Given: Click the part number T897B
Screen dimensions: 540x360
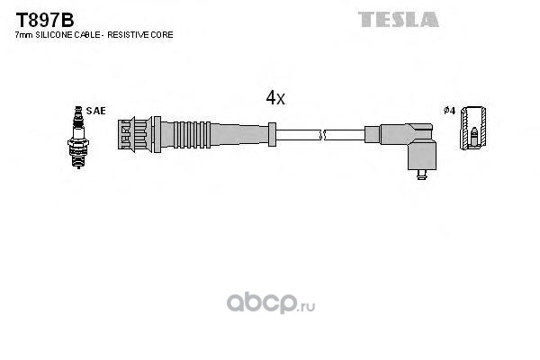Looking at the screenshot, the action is click(x=45, y=20).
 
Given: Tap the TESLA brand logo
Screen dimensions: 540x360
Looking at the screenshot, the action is click(x=399, y=19).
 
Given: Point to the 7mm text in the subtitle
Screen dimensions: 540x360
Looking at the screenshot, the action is click(x=24, y=35).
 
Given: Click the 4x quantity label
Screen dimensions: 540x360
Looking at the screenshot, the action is click(x=275, y=98).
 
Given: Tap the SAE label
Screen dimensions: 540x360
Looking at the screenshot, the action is click(x=95, y=111).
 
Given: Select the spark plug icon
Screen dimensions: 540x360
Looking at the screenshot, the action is click(x=78, y=137).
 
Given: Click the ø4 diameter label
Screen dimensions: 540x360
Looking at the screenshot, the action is click(x=449, y=111).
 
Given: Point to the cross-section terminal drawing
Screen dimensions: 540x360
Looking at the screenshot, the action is click(x=473, y=128).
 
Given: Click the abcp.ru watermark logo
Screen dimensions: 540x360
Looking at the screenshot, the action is click(x=271, y=303).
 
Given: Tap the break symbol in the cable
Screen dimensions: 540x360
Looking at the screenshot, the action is click(x=322, y=135).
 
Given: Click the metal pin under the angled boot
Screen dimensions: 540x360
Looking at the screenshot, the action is click(x=421, y=175).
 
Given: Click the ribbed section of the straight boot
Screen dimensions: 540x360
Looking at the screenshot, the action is click(x=193, y=135).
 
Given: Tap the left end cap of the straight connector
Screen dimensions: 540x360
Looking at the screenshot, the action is click(x=125, y=134).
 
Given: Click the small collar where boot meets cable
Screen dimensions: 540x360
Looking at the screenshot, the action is click(x=272, y=134).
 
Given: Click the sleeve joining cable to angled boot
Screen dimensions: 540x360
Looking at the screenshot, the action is click(x=373, y=134).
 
